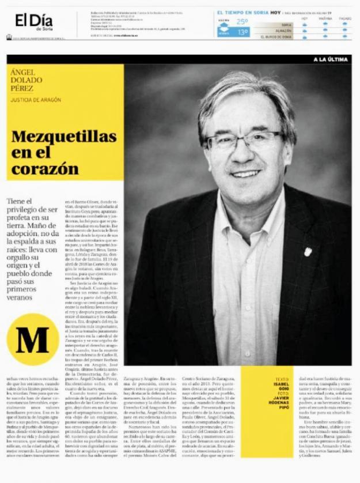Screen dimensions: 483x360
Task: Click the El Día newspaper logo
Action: coord(29,21)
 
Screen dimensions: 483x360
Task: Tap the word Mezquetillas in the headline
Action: coord(64,137)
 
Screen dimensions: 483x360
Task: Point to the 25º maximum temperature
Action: coord(242,21)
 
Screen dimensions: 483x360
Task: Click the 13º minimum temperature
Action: coord(242,32)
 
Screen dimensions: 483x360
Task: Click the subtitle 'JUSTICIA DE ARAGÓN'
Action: coord(36,100)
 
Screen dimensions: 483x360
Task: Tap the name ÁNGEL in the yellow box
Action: coord(23,72)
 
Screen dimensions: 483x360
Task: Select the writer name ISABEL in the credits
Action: coord(283,384)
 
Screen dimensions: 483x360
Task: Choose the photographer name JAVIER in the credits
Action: coord(283,398)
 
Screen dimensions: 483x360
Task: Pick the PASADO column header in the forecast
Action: coord(344,18)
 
